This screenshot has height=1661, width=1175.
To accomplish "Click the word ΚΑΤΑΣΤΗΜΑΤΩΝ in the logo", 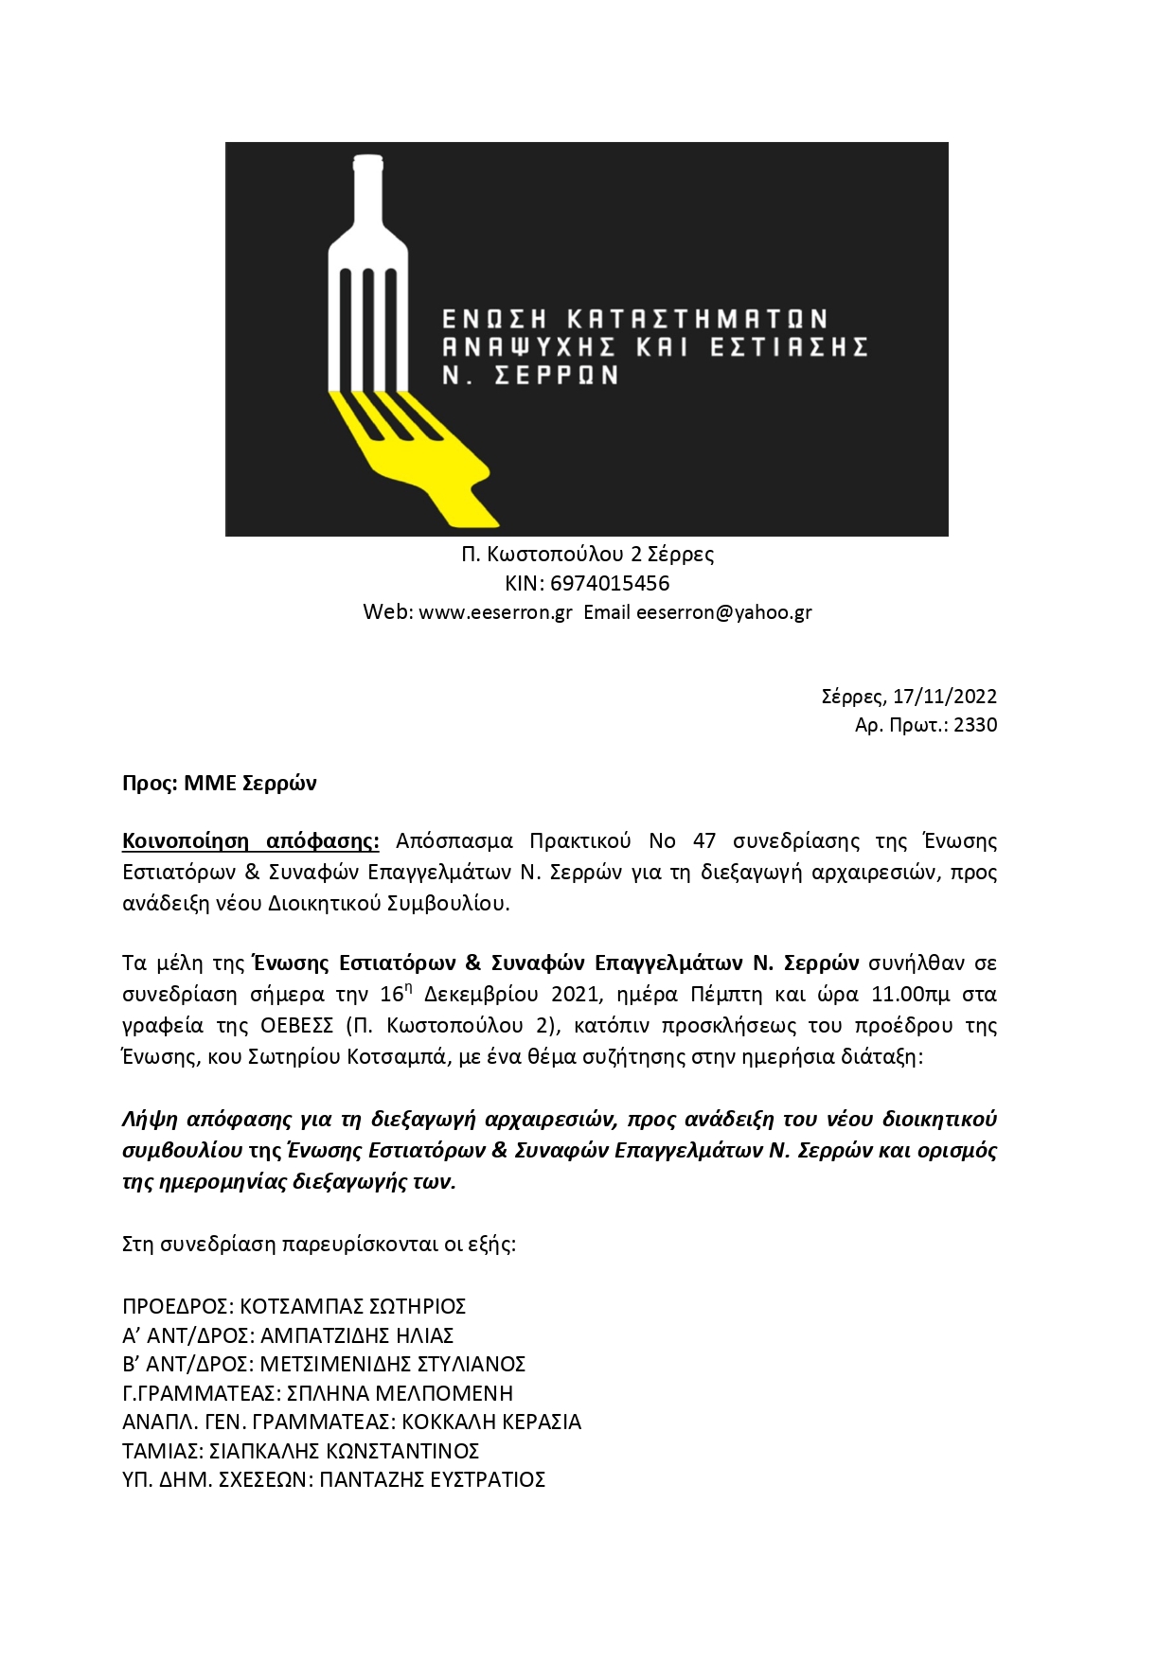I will [696, 319].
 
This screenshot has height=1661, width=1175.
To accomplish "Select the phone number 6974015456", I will [610, 583].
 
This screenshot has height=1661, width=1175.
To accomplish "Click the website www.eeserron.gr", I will [495, 612].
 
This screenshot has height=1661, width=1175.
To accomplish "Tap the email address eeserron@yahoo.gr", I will [723, 612].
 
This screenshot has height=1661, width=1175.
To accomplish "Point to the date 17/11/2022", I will [944, 697].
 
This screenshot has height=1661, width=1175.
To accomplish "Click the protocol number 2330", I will [975, 725].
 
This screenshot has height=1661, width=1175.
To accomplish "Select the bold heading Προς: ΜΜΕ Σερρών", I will [220, 784].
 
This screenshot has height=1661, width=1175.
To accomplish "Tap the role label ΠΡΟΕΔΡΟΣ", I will [176, 1307].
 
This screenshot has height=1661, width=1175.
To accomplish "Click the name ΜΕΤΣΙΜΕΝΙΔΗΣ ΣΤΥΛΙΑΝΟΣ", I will [392, 1365].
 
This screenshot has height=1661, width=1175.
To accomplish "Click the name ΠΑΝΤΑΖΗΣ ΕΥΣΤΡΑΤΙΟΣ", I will [432, 1480].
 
